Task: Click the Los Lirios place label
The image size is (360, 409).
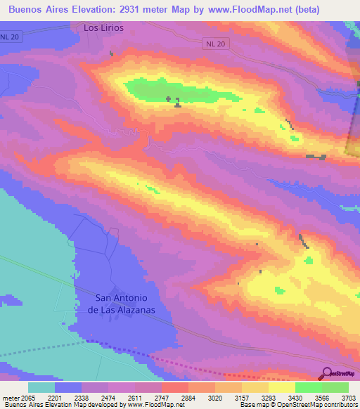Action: click(103, 28)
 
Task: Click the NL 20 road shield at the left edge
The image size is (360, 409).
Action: click(10, 36)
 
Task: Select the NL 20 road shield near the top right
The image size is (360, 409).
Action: click(217, 44)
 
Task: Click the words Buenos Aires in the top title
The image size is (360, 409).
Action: click(39, 10)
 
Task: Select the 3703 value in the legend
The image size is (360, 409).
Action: click(349, 397)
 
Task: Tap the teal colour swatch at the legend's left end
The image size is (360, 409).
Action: click(41, 387)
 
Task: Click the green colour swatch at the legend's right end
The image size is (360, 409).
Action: click(335, 387)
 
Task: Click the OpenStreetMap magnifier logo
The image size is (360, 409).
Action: click(326, 374)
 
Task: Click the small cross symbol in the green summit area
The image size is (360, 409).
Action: click(168, 99)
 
